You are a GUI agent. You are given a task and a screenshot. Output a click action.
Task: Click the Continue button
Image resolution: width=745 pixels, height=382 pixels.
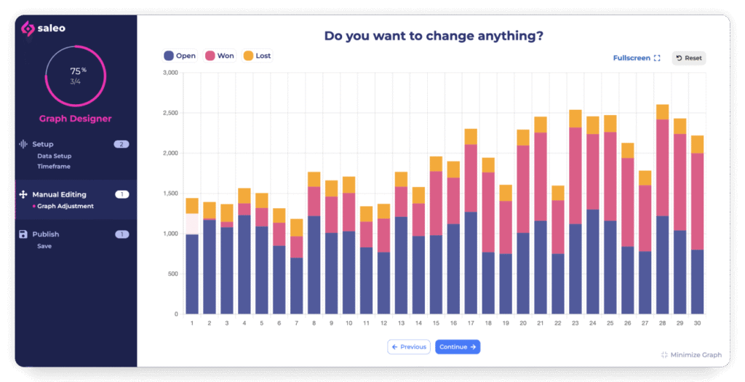point(458,347)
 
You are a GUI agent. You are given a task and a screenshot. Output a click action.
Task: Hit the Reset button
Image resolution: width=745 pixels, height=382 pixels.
point(688,58)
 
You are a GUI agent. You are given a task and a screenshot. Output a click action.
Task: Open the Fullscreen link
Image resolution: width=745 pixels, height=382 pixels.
point(637,58)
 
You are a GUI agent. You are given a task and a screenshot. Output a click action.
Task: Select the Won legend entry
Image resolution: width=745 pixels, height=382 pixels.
point(220,55)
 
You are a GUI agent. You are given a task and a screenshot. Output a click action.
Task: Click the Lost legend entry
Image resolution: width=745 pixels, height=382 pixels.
point(258,55)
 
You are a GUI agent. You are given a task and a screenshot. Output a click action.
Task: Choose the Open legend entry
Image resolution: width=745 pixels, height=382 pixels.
point(180,55)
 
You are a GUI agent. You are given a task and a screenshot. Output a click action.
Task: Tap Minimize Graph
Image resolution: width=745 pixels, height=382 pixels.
point(691,355)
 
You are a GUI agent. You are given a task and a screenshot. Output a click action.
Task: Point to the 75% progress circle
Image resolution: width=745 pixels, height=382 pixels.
point(76,76)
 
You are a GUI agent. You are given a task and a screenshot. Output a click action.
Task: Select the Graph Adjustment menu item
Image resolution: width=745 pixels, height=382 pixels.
point(65,207)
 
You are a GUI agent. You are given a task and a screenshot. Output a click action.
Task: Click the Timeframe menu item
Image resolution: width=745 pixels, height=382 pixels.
point(55,167)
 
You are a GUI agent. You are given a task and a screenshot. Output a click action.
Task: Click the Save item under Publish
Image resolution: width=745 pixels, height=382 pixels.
point(44,246)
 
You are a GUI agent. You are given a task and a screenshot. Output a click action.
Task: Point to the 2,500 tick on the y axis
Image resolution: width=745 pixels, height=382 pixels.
point(170,114)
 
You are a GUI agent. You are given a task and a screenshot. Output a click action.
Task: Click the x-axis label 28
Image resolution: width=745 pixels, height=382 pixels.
point(662,323)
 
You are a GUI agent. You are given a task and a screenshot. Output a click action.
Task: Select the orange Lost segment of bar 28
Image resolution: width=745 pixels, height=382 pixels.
point(662,112)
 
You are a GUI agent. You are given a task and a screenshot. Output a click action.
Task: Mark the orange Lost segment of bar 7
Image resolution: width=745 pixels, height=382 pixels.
point(296,227)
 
